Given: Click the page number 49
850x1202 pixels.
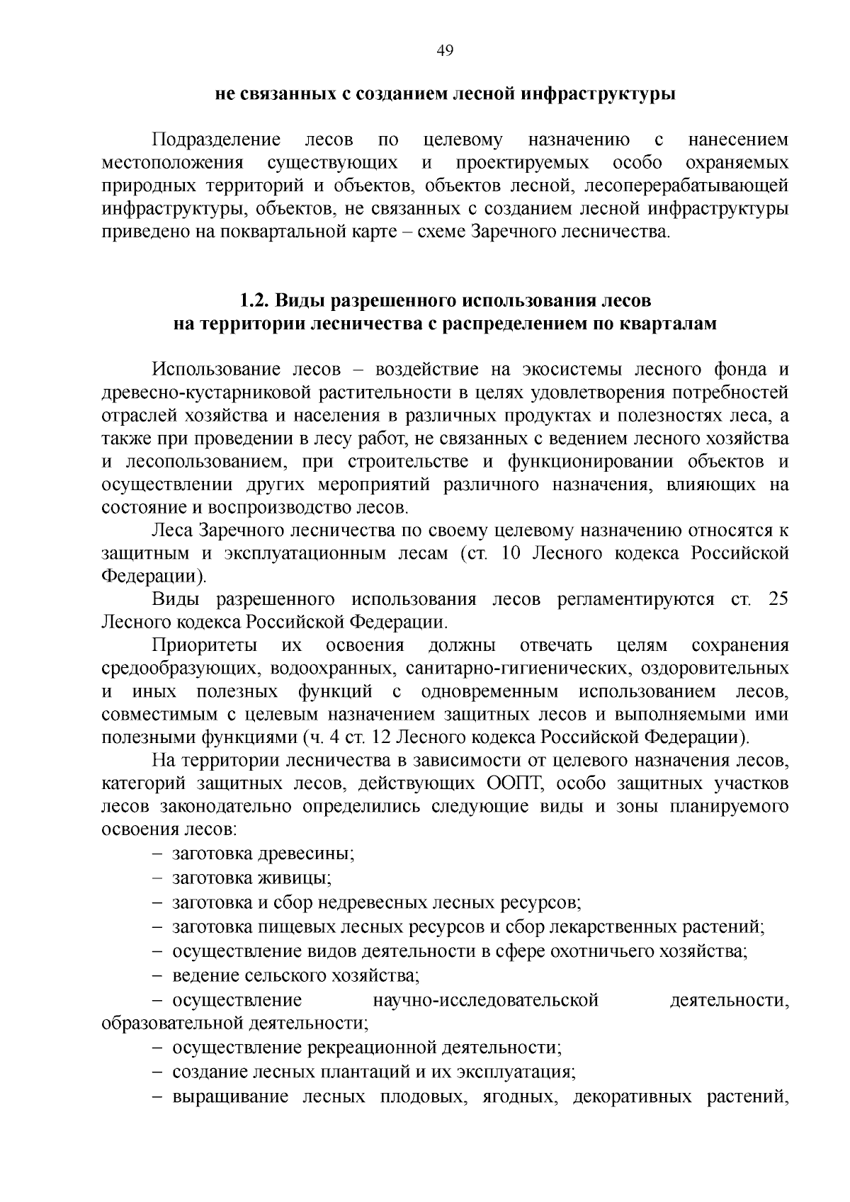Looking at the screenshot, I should click(446, 50).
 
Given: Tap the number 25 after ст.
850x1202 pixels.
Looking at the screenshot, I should click(777, 599).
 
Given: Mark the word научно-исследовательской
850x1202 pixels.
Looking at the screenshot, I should click(485, 1001).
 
